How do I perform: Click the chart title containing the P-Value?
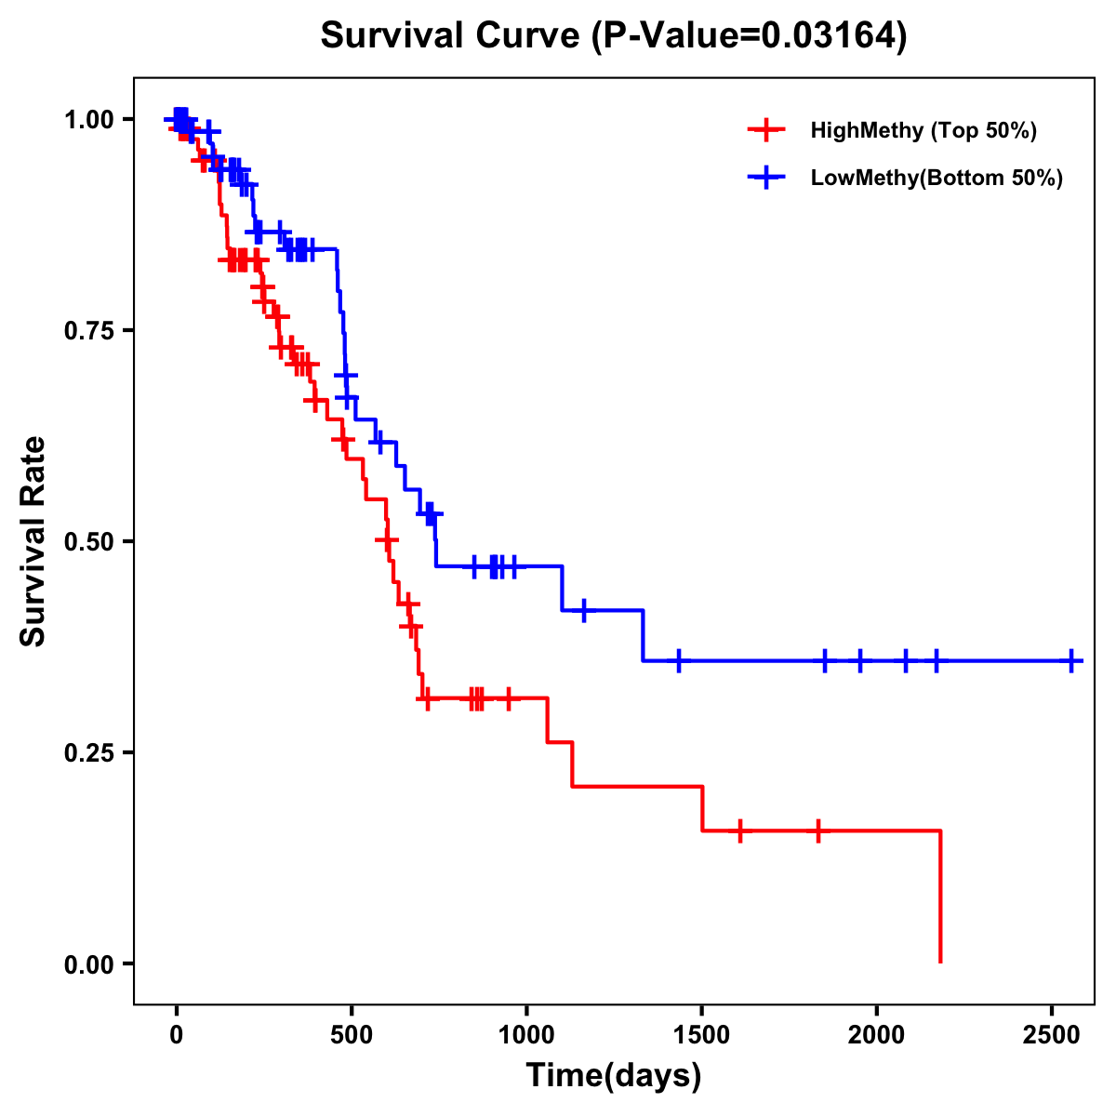614,35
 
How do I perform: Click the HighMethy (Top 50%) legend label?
923,130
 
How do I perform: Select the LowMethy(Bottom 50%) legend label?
937,178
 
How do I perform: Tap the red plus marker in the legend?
765,130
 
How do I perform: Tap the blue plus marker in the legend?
765,178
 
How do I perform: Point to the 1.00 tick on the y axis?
88,119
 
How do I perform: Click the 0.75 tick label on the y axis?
88,330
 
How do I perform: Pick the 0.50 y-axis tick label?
88,541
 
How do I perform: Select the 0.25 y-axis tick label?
88,752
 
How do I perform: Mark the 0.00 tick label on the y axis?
88,963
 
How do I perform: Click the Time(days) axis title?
614,1076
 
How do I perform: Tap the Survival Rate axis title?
34,541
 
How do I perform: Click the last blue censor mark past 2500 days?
1071,661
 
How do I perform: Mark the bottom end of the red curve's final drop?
940,962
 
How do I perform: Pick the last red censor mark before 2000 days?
818,830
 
